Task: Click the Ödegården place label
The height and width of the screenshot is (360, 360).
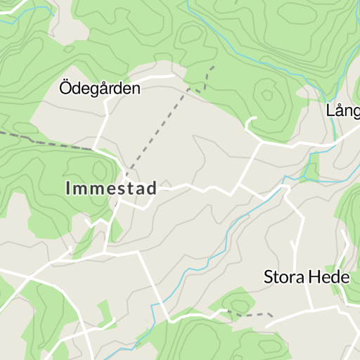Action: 100,89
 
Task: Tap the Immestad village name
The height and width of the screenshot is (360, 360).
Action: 111,188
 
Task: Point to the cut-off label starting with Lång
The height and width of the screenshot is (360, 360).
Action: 343,110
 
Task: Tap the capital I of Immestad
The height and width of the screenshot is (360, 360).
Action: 68,188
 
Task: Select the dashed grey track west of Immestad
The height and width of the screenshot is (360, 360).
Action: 42,141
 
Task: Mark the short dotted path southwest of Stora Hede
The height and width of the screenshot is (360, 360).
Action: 253,314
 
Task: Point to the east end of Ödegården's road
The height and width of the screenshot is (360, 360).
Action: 172,75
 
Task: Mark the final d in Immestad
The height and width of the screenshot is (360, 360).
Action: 153,188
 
